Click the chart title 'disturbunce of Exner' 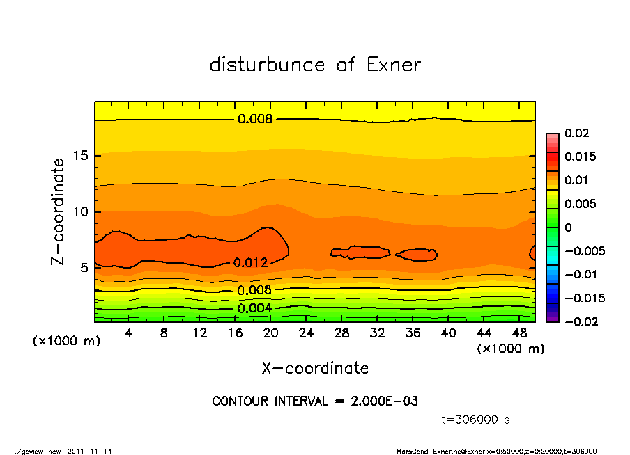click(x=315, y=65)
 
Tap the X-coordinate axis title click(x=315, y=367)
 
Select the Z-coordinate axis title click(x=58, y=211)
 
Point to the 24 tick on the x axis click(x=306, y=333)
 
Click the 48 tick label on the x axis click(x=519, y=333)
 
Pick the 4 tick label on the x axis click(x=128, y=333)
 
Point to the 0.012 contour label click(x=251, y=263)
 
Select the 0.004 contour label click(x=254, y=308)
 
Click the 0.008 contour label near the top click(x=255, y=119)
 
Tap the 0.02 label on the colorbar click(x=576, y=133)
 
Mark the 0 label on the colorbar click(x=568, y=227)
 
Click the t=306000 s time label click(x=476, y=420)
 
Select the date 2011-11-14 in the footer click(x=90, y=451)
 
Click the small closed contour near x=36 click(x=416, y=255)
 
